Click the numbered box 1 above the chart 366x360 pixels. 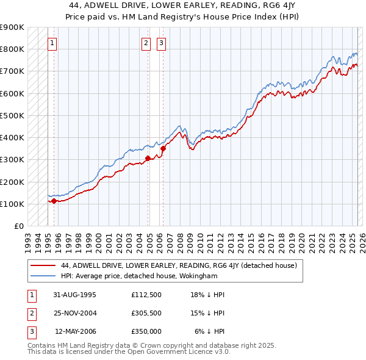coord(52,43)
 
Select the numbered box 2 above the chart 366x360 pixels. coord(146,43)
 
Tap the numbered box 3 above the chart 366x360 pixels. coord(161,43)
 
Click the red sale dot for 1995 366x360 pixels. coord(54,200)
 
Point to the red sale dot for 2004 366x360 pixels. coord(148,158)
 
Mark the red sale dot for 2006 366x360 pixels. coord(163,148)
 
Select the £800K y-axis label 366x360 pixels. coord(12,49)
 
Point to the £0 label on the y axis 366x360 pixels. coord(18,226)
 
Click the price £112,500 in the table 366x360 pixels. coord(146,295)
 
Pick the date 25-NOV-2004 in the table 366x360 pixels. coord(75,313)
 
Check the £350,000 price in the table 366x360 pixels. coord(146,331)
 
